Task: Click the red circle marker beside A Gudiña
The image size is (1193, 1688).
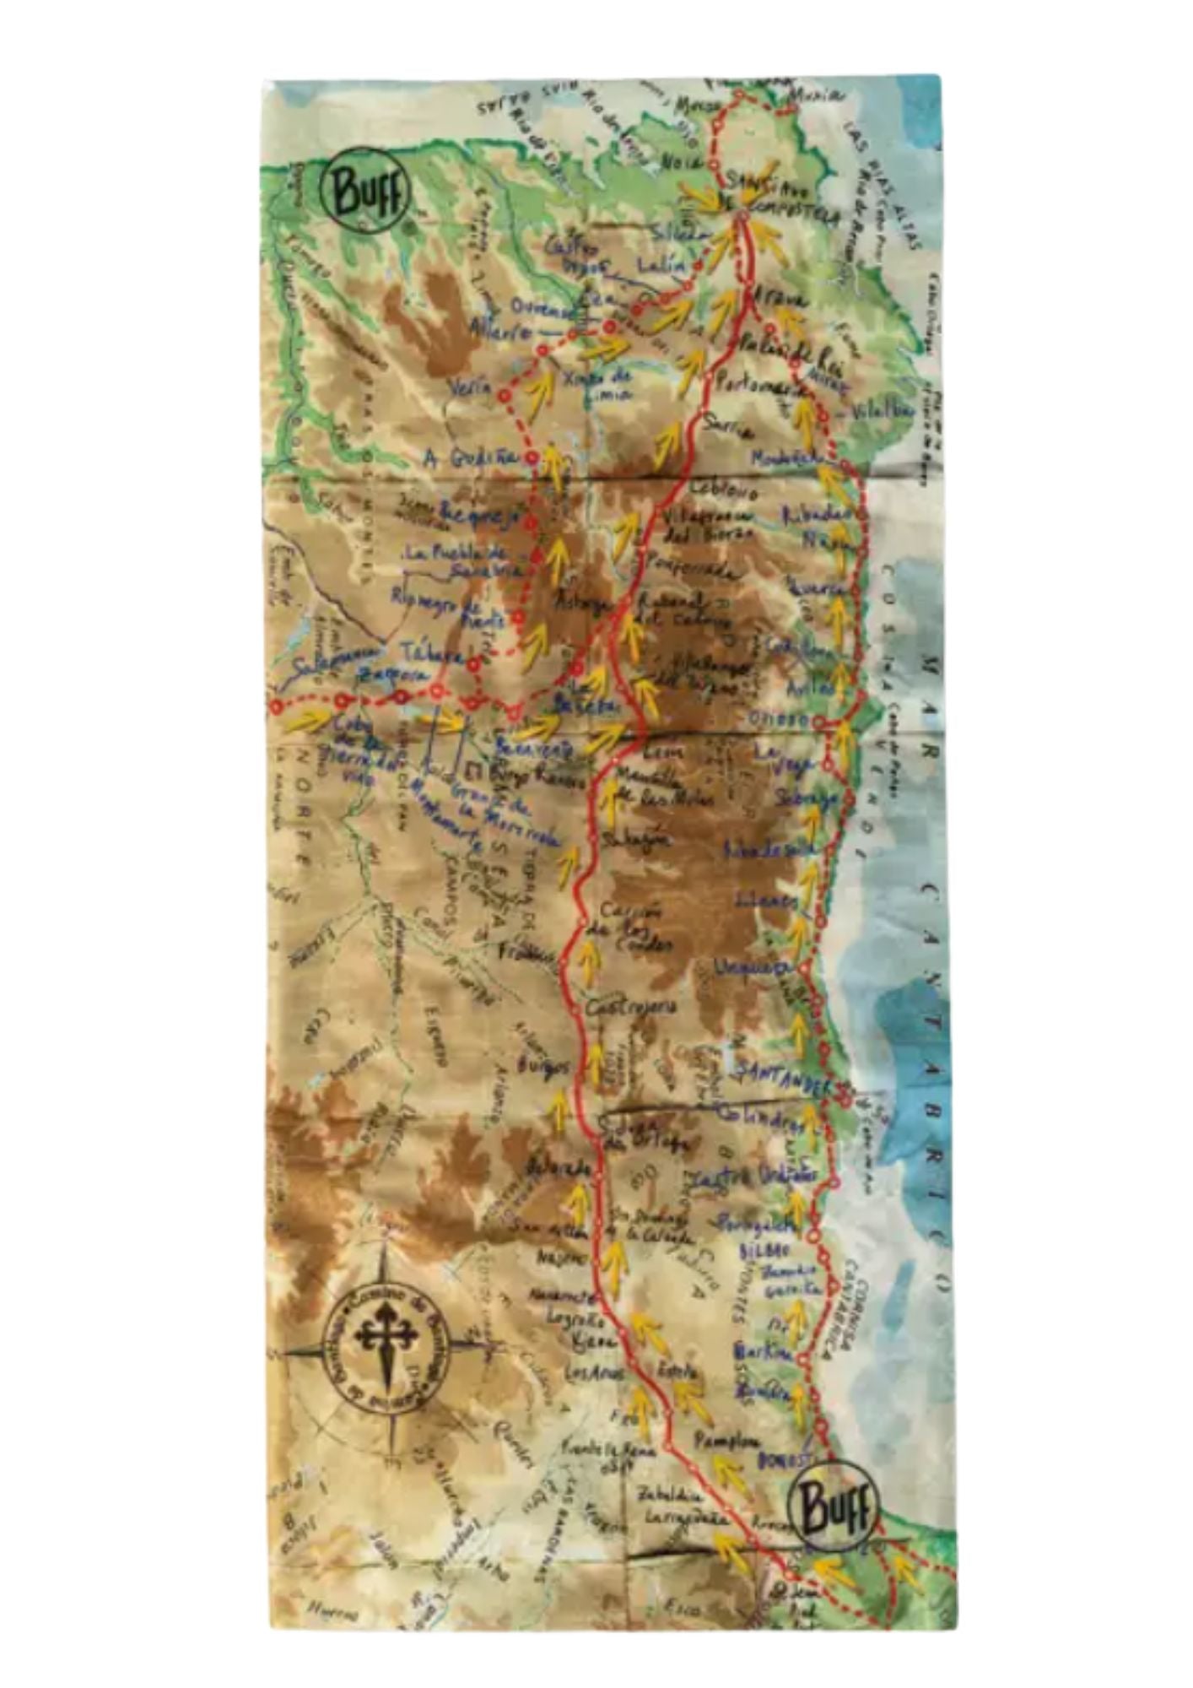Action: coord(532,457)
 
